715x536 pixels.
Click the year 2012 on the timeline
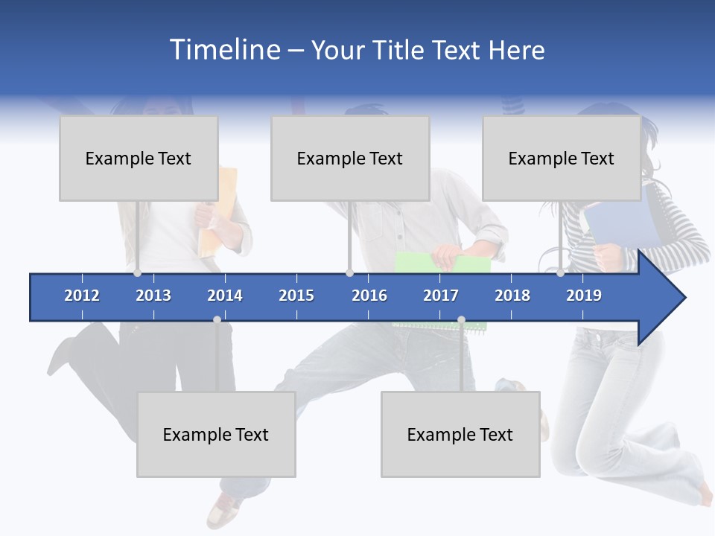[x=82, y=296]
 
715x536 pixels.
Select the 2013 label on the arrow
[x=153, y=296]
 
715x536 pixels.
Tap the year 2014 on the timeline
[x=225, y=296]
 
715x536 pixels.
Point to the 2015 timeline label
[x=296, y=296]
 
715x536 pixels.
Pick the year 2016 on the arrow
[x=369, y=296]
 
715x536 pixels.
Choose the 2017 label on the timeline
[x=441, y=296]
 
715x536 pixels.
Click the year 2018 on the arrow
[x=512, y=296]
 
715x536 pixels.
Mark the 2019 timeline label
[x=584, y=296]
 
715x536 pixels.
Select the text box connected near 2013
[x=139, y=159]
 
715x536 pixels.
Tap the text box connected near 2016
[x=350, y=159]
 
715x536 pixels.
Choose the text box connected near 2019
[x=562, y=159]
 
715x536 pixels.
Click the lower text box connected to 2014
[x=216, y=435]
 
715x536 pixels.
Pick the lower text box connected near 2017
[x=460, y=435]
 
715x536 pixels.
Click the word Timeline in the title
[x=224, y=50]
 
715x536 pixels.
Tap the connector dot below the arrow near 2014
[x=217, y=319]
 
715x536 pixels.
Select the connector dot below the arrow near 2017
[x=461, y=319]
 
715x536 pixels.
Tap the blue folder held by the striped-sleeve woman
[x=618, y=220]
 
